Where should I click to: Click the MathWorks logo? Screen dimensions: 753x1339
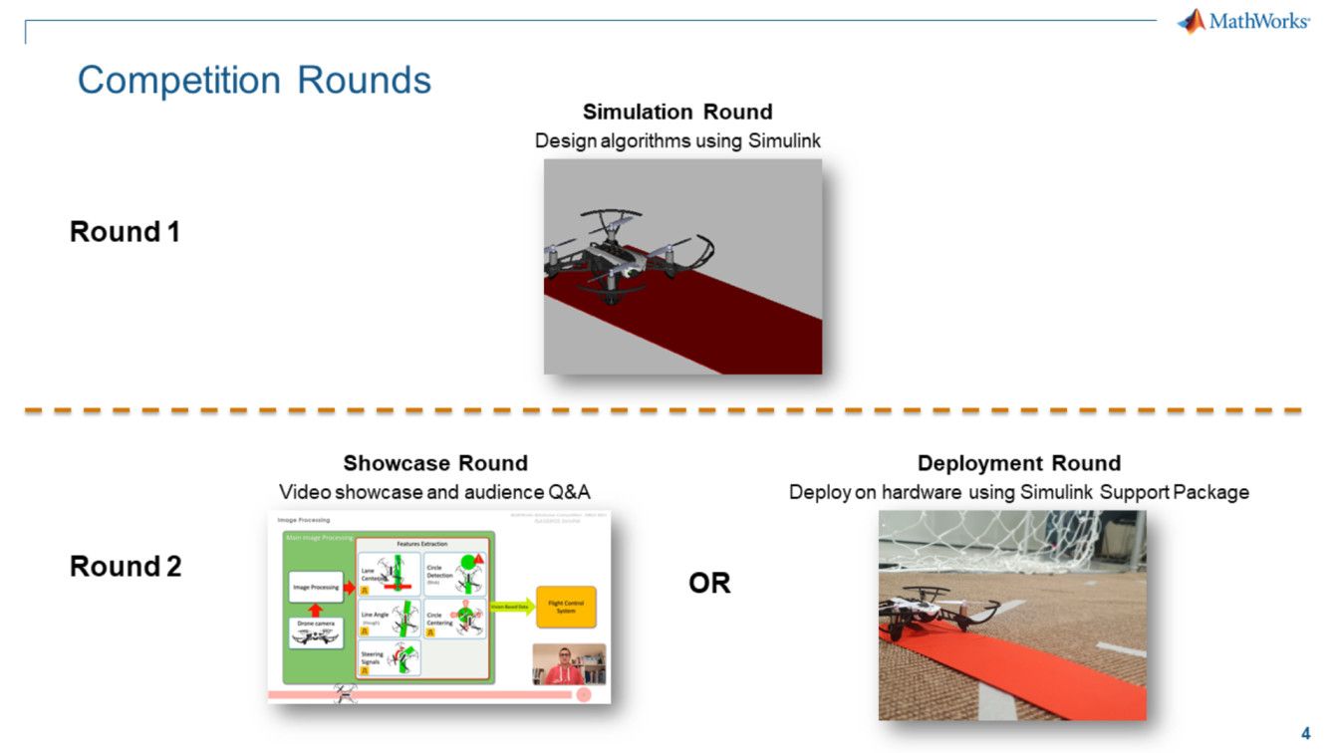tap(1243, 21)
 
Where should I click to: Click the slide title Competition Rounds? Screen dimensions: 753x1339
tap(254, 80)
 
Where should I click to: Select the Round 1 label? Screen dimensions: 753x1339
tap(125, 232)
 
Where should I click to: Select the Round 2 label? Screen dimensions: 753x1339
tap(126, 567)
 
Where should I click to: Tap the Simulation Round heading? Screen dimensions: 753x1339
tap(677, 112)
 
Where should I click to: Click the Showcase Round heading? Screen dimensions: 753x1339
tap(435, 463)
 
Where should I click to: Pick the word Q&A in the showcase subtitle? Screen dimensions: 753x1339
tap(568, 492)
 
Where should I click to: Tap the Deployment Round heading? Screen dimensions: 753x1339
tap(1018, 463)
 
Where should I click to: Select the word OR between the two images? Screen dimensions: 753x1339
tap(709, 584)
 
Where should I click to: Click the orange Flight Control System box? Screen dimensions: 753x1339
tap(566, 606)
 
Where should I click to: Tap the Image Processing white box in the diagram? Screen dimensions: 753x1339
tap(315, 588)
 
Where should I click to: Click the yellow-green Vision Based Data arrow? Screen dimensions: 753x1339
tap(511, 607)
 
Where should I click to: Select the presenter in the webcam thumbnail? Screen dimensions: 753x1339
tap(564, 664)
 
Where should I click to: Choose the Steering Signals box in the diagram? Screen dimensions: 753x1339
tap(390, 658)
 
